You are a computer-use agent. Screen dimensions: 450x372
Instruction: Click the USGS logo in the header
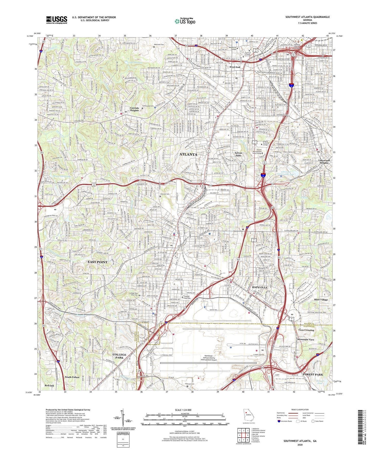(x=57, y=20)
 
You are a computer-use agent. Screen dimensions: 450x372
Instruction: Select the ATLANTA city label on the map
(x=188, y=154)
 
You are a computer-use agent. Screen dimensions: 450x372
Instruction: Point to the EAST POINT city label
(x=98, y=262)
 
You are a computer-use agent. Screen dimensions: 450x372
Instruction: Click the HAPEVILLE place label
(x=259, y=287)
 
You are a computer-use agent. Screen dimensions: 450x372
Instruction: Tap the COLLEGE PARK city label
(x=119, y=356)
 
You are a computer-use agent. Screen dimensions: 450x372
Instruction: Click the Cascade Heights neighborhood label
(x=134, y=109)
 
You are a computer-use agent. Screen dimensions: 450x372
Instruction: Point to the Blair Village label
(x=321, y=300)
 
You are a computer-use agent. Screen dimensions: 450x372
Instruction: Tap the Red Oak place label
(x=49, y=386)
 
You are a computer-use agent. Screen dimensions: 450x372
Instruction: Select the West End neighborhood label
(x=235, y=67)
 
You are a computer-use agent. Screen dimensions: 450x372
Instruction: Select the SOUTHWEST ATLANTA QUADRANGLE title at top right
(x=307, y=17)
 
